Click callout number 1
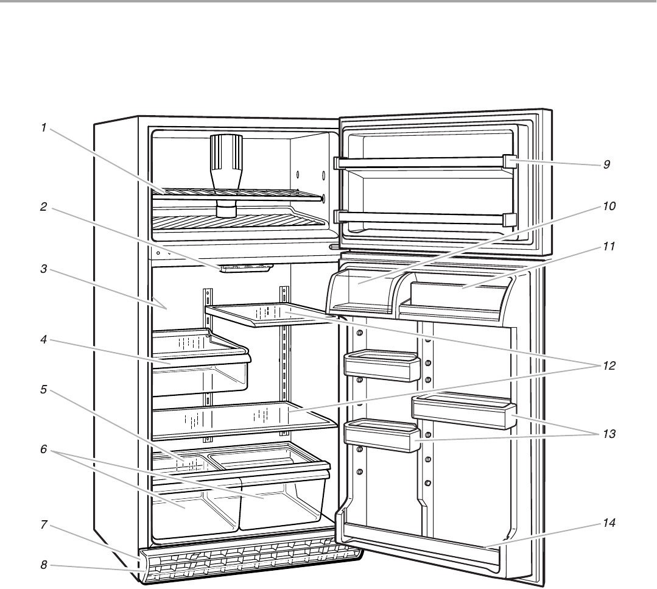point(44,128)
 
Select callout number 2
point(44,207)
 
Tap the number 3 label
point(44,269)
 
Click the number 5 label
point(44,390)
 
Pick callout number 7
point(44,524)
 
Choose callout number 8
point(44,565)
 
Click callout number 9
point(606,164)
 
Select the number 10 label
point(609,206)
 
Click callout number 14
point(609,523)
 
